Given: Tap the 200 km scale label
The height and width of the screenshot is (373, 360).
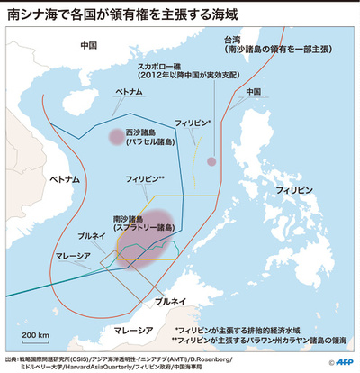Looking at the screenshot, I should click(x=37, y=335).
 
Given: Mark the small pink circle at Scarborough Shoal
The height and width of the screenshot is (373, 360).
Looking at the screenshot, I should click(x=212, y=161).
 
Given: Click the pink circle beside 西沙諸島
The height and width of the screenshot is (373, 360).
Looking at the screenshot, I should click(x=115, y=137).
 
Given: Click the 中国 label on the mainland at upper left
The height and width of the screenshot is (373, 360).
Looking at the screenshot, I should click(x=87, y=44).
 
